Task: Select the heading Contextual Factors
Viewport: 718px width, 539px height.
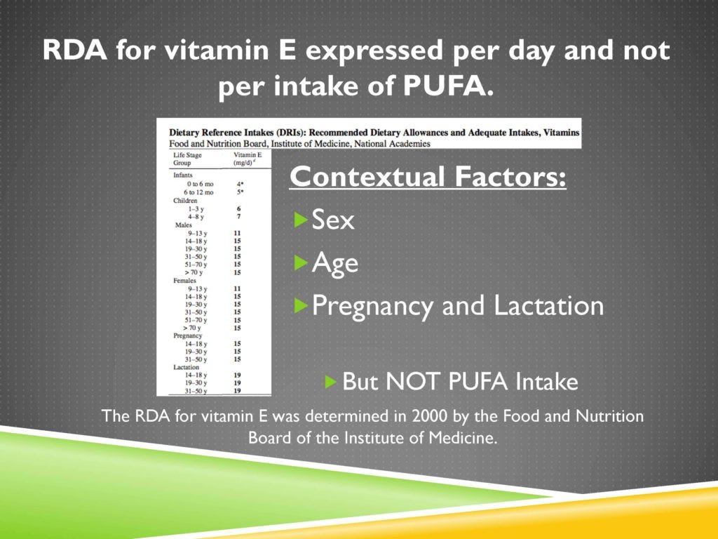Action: pos(428,177)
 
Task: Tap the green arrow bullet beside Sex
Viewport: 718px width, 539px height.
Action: pos(301,220)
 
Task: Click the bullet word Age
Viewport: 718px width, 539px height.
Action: pos(334,263)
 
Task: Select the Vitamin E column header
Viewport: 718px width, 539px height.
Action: pos(244,158)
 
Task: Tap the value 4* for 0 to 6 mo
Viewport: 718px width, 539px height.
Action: pos(239,183)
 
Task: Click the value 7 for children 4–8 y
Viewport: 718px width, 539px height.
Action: pos(238,217)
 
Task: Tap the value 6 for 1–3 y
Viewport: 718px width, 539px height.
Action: pos(238,208)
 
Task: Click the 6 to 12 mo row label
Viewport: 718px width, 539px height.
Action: pos(199,192)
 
